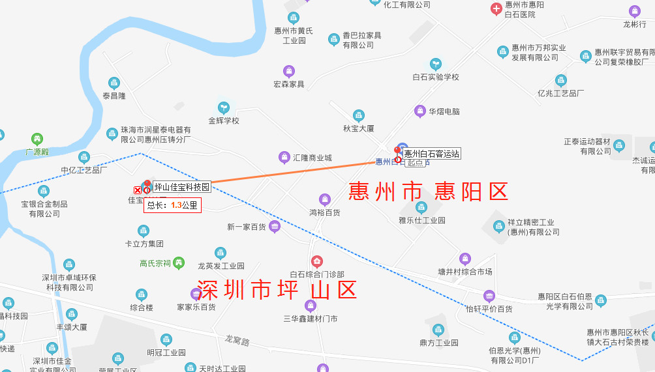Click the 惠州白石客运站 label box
coord(432,154)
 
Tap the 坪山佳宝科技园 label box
coord(182,187)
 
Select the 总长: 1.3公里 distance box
coord(172,205)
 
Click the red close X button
coord(138,190)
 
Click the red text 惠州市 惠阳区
coord(428,192)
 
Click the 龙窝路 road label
coord(237,340)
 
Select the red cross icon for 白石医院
coord(496,8)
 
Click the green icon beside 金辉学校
coord(224,107)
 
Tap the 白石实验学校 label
coord(436,77)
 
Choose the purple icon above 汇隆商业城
coord(284,157)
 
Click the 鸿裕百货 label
coord(325,212)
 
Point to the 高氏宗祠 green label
coord(155,264)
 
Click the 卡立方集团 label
coord(144,244)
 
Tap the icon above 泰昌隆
coord(114,83)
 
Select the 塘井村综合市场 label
coord(465,272)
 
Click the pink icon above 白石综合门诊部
coord(317,262)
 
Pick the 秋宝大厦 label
coord(359,128)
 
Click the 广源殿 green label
coord(37,151)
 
